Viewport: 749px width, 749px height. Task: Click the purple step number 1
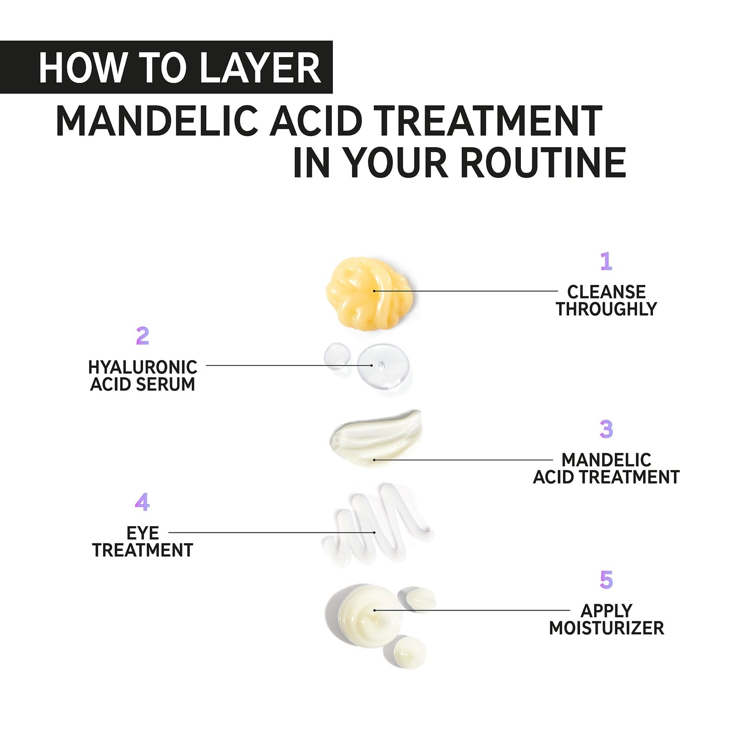click(606, 261)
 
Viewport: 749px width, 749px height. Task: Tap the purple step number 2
click(143, 336)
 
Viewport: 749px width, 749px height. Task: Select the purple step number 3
click(606, 429)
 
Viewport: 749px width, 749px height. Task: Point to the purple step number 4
click(143, 502)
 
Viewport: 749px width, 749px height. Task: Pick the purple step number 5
click(606, 580)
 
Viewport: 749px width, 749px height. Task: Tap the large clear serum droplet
click(383, 366)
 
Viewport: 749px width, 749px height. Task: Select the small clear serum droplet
click(336, 356)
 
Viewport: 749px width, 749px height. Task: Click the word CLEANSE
click(606, 292)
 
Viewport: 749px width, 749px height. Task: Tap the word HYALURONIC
click(143, 367)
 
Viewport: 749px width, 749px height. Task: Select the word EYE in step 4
click(143, 533)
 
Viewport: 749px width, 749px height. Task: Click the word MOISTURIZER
click(606, 628)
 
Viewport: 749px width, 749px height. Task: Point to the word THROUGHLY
click(606, 309)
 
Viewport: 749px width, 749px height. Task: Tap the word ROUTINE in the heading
click(543, 163)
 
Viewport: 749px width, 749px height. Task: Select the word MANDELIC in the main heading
click(157, 121)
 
